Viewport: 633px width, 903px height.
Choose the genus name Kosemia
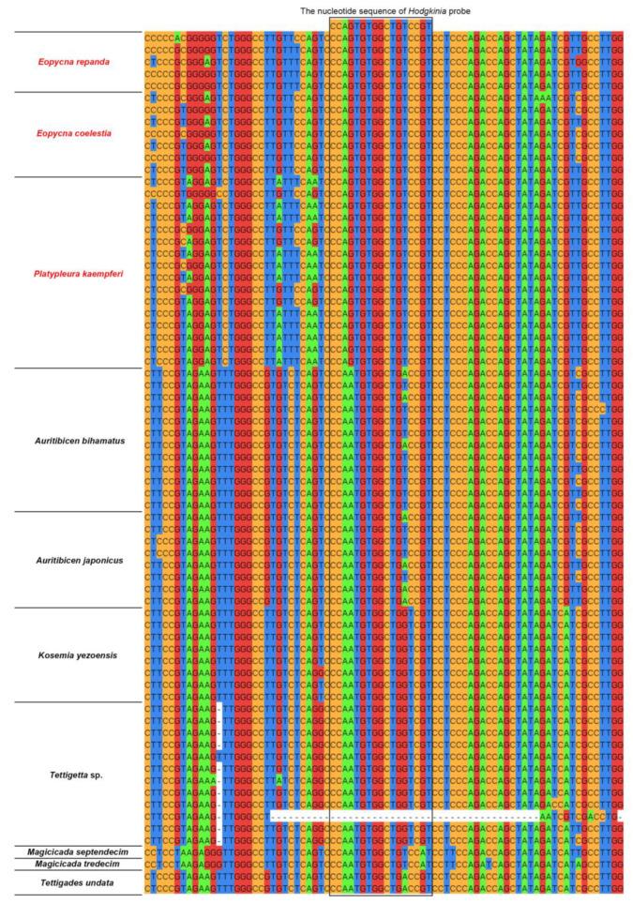pyautogui.click(x=54, y=655)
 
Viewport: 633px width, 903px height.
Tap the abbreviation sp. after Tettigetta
pyautogui.click(x=103, y=775)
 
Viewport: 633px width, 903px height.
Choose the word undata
pyautogui.click(x=107, y=882)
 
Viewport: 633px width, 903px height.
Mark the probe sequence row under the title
pyautogui.click(x=380, y=25)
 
